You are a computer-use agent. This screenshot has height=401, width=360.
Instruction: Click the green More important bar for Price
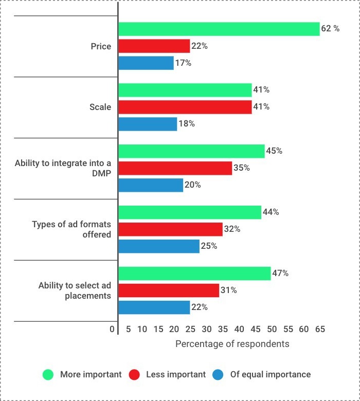pyautogui.click(x=219, y=29)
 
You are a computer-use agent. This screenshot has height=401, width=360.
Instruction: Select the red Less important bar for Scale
pyautogui.click(x=185, y=107)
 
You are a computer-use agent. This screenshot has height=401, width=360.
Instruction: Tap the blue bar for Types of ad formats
pyautogui.click(x=159, y=246)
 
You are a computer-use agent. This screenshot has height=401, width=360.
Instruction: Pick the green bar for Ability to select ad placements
pyautogui.click(x=194, y=274)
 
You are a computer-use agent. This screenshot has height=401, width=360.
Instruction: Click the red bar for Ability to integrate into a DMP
pyautogui.click(x=175, y=168)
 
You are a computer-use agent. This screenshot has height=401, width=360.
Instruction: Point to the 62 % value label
pyautogui.click(x=330, y=29)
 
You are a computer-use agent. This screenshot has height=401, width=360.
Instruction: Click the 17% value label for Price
pyautogui.click(x=184, y=63)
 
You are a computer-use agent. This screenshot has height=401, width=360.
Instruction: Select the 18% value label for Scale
pyautogui.click(x=187, y=124)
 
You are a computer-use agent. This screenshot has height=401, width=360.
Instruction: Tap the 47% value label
pyautogui.click(x=280, y=274)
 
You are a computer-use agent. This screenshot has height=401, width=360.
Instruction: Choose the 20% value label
pyautogui.click(x=193, y=185)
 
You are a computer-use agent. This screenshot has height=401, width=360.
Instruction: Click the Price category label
pyautogui.click(x=101, y=46)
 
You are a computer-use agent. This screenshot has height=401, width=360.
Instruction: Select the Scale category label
pyautogui.click(x=101, y=107)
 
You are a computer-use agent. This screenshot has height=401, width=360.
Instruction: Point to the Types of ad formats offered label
pyautogui.click(x=71, y=229)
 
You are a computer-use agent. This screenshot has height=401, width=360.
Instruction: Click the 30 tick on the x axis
pyautogui.click(x=207, y=329)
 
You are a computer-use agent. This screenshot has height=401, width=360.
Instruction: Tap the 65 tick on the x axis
pyautogui.click(x=320, y=329)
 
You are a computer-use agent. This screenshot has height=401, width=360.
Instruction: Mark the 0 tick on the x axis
pyautogui.click(x=112, y=329)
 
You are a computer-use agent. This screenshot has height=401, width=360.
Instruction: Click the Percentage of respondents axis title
pyautogui.click(x=232, y=343)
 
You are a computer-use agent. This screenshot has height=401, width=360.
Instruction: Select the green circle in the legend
pyautogui.click(x=48, y=375)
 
